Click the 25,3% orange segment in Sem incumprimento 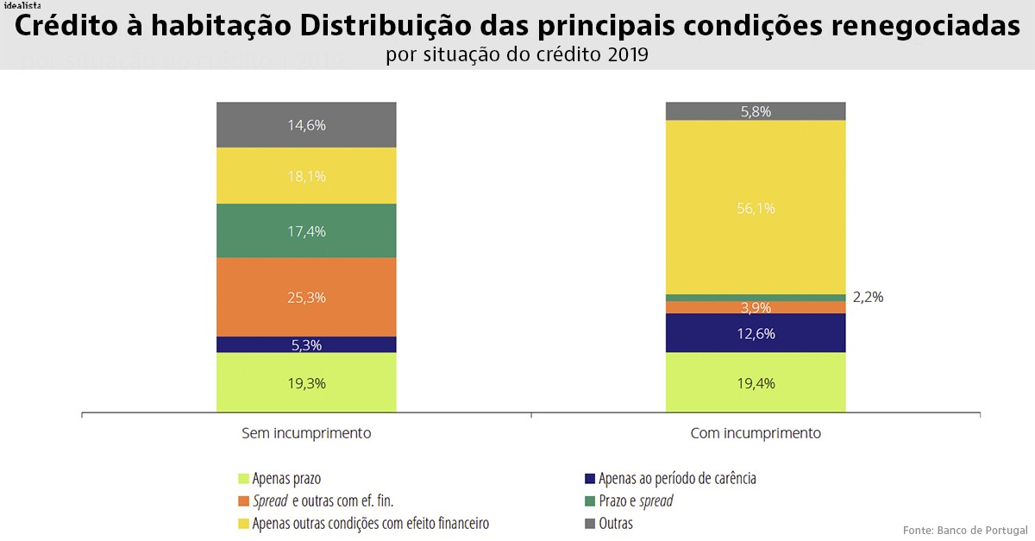(306, 297)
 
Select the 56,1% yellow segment (756, 207)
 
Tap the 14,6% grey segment (306, 125)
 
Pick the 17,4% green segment (306, 230)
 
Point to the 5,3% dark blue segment (306, 344)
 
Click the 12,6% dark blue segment (756, 333)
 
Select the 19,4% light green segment (756, 382)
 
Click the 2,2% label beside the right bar (868, 297)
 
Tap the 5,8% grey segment (756, 111)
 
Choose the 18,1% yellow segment (306, 176)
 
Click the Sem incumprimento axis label (306, 433)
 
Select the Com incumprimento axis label (756, 433)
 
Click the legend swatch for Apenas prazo (244, 479)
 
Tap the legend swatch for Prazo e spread (590, 501)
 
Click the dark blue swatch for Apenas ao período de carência (590, 479)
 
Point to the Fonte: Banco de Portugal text (964, 529)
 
